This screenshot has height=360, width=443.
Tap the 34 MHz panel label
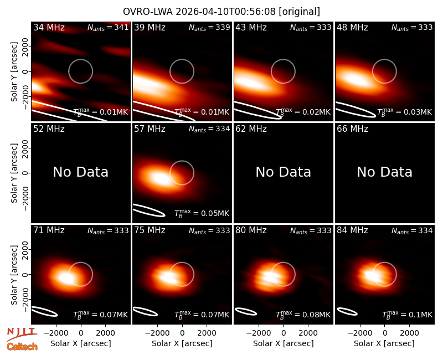point(49,27)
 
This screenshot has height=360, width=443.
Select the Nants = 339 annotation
point(209,27)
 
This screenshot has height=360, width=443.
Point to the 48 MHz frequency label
point(352,27)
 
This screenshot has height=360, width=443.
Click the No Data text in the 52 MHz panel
point(81,172)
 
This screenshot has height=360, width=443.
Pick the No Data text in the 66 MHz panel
point(384,172)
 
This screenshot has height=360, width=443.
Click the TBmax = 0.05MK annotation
point(202,213)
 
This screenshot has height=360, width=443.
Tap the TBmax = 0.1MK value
point(407,315)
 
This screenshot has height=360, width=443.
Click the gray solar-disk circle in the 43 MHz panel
point(283,59)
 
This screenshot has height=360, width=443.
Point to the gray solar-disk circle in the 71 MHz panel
point(81,263)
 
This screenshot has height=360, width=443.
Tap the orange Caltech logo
point(22,347)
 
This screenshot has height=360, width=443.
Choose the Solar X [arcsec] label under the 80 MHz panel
point(283,343)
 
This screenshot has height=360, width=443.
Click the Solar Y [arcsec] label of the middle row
point(14,173)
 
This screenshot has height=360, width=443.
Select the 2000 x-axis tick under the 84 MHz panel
point(409,333)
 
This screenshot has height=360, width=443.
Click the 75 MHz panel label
point(150,230)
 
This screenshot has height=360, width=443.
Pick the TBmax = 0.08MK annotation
point(303,315)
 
